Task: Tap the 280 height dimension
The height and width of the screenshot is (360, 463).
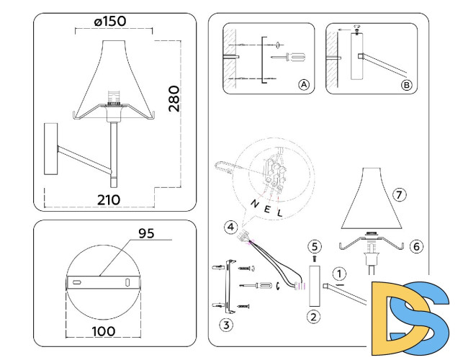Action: [x=174, y=99]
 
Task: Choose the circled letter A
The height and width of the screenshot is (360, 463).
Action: [x=304, y=85]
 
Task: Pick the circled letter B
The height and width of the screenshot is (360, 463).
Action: [x=406, y=85]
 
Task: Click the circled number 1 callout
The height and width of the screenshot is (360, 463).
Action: [x=338, y=274]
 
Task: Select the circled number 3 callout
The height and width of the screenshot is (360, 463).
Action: [x=226, y=325]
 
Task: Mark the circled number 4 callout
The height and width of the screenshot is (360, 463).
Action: [x=229, y=228]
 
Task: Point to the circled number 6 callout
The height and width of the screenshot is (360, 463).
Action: [x=416, y=246]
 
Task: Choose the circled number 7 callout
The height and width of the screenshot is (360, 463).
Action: [x=400, y=194]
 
